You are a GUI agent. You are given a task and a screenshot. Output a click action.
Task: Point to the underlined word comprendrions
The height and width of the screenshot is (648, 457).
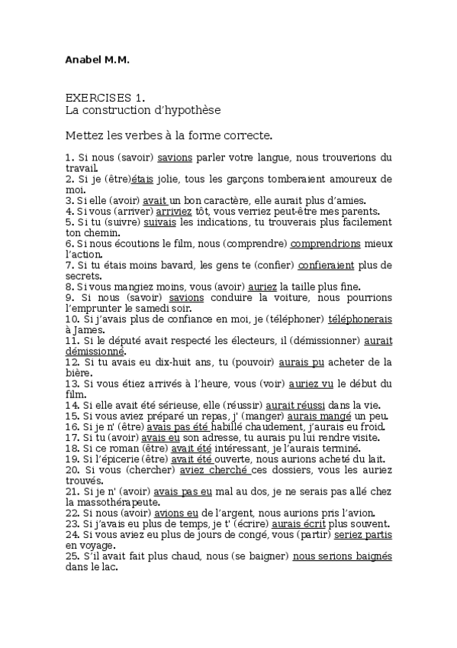pos(327,244)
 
